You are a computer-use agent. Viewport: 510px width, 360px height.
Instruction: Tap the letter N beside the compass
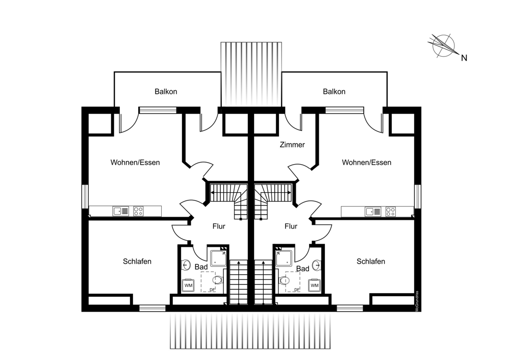464,58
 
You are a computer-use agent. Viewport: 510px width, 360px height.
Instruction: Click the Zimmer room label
292,145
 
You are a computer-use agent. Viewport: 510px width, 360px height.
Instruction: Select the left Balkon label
166,92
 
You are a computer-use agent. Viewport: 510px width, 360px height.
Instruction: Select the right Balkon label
334,92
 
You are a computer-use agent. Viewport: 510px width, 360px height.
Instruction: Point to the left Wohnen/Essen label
135,163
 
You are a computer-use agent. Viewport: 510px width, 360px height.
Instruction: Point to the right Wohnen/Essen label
367,163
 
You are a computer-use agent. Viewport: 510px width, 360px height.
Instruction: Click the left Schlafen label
137,262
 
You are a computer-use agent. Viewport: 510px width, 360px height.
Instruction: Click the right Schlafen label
371,262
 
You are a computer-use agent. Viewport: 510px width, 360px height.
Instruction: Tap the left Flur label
218,226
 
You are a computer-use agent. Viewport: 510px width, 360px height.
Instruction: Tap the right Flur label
291,226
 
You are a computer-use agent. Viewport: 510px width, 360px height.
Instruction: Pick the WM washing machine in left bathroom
188,286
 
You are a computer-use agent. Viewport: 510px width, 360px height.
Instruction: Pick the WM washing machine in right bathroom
314,286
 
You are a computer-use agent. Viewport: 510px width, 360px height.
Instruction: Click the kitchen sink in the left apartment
121,211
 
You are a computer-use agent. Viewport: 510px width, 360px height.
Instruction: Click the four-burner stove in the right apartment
391,211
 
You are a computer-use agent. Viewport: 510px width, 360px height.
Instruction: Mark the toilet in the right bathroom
284,280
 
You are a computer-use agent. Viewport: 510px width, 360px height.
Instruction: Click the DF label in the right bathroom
296,290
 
